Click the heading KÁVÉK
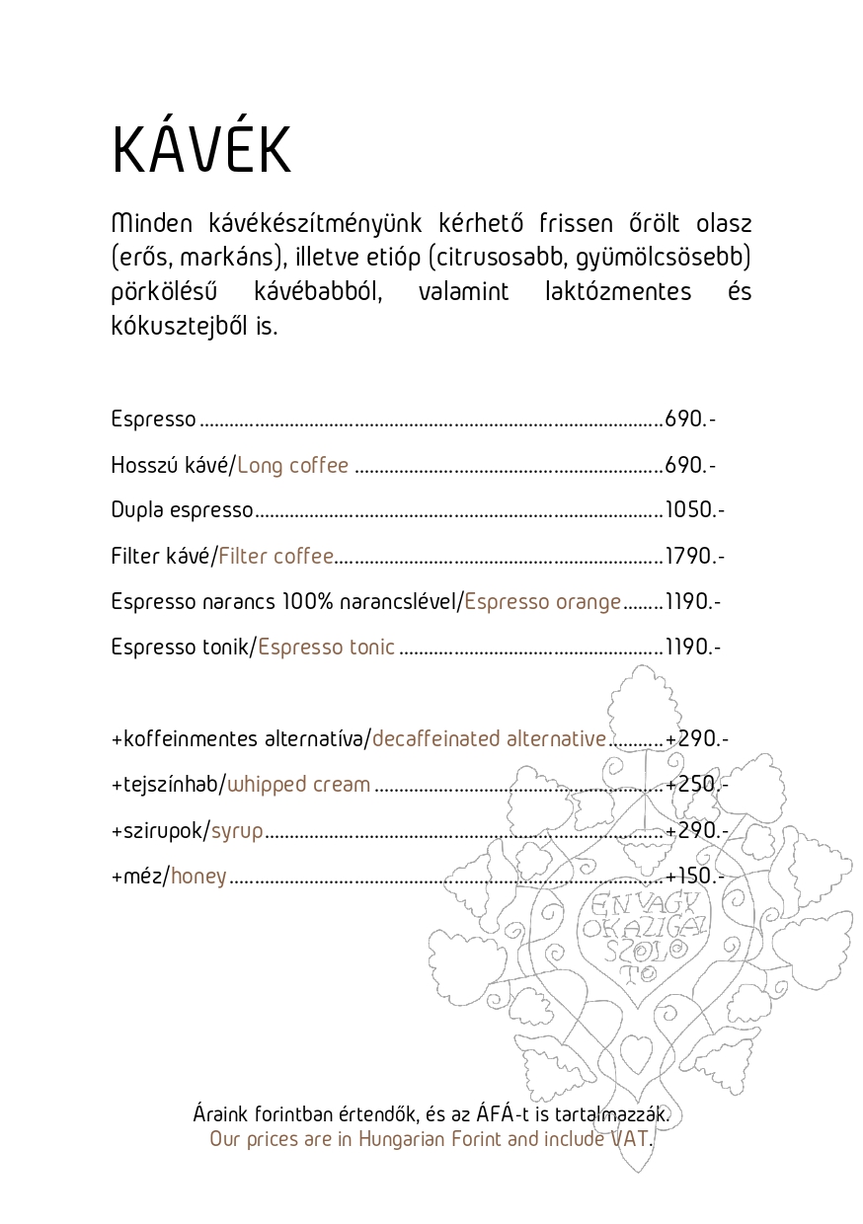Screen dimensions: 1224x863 (x=201, y=150)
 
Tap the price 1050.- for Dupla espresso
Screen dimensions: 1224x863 (x=695, y=510)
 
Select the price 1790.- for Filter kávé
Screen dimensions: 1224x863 (x=695, y=556)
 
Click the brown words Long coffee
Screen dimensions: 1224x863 (x=292, y=465)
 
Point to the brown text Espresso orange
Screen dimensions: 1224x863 (x=543, y=601)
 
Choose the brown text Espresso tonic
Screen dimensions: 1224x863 (x=326, y=648)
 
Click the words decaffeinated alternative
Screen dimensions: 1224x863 (x=489, y=738)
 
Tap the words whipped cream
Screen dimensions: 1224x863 (x=299, y=785)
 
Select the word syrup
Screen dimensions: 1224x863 (x=238, y=830)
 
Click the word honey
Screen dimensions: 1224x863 (x=198, y=876)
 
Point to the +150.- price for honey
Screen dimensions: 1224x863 (x=695, y=876)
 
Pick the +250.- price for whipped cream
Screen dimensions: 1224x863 (x=695, y=785)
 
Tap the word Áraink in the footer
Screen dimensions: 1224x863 (x=220, y=1114)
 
